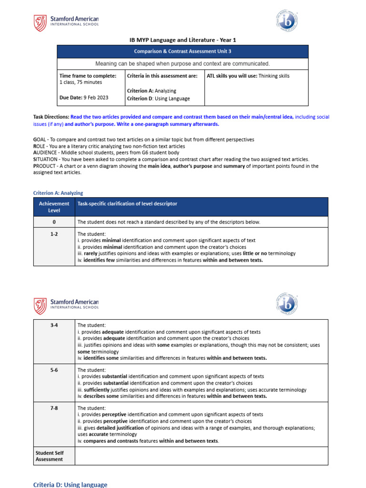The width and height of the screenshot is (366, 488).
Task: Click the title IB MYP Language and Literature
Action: (x=183, y=40)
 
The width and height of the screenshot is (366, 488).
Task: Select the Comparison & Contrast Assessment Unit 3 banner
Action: (x=183, y=51)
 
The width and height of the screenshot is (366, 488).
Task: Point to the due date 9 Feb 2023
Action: (x=96, y=98)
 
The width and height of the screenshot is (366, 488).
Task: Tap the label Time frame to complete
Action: (x=88, y=76)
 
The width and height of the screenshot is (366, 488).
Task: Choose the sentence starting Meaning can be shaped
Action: (x=183, y=64)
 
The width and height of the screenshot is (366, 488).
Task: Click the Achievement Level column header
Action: (x=54, y=207)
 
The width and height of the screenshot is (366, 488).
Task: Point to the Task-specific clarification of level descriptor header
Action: (x=127, y=203)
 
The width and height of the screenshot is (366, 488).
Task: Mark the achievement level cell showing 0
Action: (x=54, y=222)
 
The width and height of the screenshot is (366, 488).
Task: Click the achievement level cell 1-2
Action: (x=54, y=234)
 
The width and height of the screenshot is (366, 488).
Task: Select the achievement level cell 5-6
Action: (x=54, y=370)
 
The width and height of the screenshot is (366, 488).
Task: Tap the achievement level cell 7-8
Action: (x=54, y=408)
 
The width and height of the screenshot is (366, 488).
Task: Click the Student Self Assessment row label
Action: (x=49, y=456)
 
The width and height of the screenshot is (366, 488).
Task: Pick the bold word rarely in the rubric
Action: (x=90, y=254)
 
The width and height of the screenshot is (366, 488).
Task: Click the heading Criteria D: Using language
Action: (x=70, y=484)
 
